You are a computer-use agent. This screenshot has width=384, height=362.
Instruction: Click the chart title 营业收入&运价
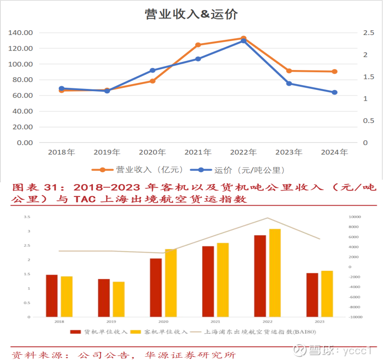pyautogui.click(x=191, y=14)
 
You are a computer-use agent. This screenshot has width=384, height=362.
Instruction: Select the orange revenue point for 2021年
pyautogui.click(x=198, y=45)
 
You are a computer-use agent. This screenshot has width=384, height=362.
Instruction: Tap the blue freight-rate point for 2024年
pyautogui.click(x=334, y=92)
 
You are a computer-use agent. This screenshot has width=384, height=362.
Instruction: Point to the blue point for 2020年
pyautogui.click(x=152, y=70)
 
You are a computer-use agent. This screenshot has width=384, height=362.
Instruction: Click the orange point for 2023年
pyautogui.click(x=289, y=71)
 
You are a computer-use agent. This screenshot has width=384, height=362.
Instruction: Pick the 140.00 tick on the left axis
pyautogui.click(x=21, y=33)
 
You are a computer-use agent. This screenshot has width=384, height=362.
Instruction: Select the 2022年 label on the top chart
pyautogui.click(x=243, y=152)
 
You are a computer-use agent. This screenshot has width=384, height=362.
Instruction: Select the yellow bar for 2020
pyautogui.click(x=171, y=283)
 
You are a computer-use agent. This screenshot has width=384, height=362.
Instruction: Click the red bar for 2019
pyautogui.click(x=104, y=298)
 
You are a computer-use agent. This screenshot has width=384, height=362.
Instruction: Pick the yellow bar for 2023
pyautogui.click(x=327, y=294)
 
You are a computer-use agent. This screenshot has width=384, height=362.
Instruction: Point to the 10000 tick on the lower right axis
pyautogui.click(x=355, y=217)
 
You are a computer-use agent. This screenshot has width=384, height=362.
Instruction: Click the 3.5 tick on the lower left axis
pyautogui.click(x=27, y=217)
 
